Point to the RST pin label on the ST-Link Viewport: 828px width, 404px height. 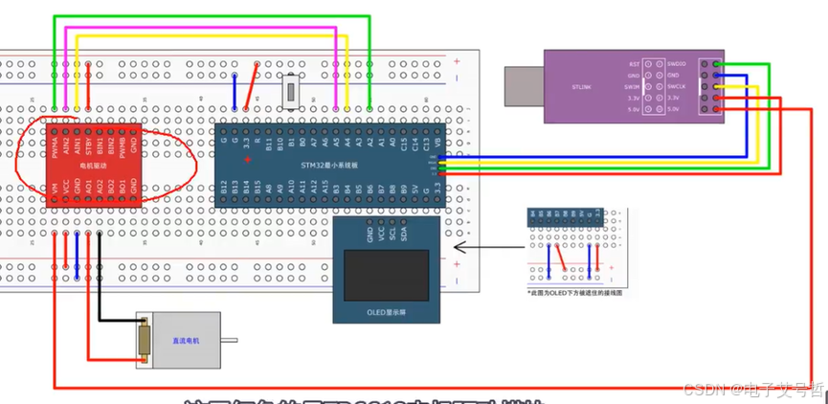pyautogui.click(x=634, y=64)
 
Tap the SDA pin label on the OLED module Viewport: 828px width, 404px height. pyautogui.click(x=405, y=235)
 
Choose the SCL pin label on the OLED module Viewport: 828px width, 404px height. pyautogui.click(x=392, y=235)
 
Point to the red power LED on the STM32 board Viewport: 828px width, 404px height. pyautogui.click(x=248, y=159)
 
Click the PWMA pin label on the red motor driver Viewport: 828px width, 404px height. pyautogui.click(x=56, y=146)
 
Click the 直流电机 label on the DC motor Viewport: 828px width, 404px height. pyautogui.click(x=185, y=340)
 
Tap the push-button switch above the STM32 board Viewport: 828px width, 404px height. pyautogui.click(x=293, y=95)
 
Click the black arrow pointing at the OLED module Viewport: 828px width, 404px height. pyautogui.click(x=479, y=247)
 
